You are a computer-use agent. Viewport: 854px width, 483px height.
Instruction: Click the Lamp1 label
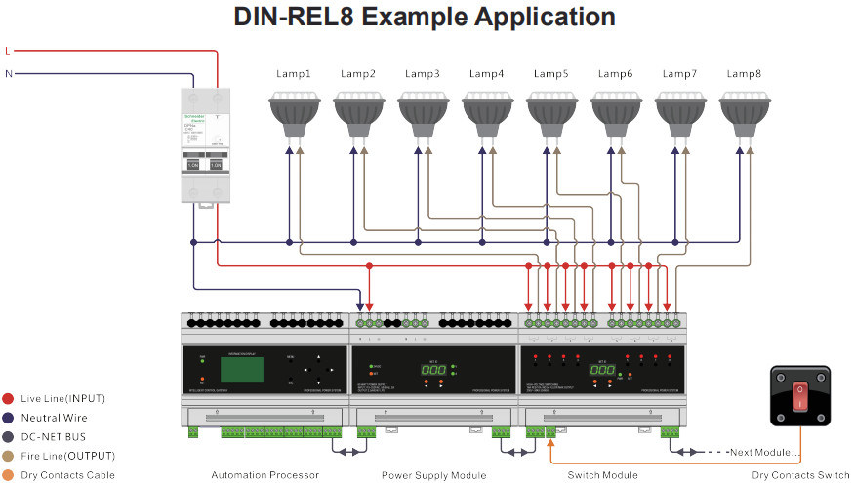[292, 73]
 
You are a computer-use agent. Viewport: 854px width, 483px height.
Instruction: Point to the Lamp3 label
[422, 73]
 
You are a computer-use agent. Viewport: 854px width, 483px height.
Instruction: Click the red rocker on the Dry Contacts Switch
[800, 396]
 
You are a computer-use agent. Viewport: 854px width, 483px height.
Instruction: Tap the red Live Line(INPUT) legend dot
[8, 398]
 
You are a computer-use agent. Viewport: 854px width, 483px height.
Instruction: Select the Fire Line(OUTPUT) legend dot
[8, 456]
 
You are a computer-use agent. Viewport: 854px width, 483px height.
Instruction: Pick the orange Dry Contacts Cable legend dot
[8, 475]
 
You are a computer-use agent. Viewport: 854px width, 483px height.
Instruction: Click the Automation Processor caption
[264, 475]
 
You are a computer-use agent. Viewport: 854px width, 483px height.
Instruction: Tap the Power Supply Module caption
[434, 475]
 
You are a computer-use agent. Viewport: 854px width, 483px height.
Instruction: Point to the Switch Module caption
[602, 475]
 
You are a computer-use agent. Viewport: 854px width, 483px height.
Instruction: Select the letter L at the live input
[8, 50]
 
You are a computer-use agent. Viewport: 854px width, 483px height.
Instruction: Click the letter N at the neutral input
[9, 73]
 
